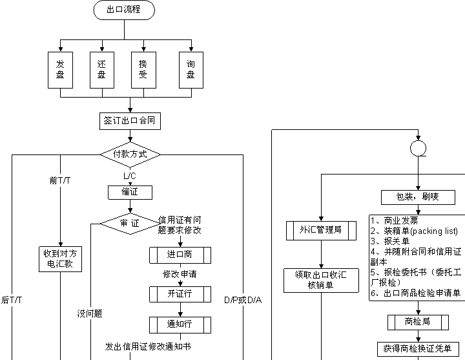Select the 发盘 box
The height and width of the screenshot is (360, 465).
pos(60,70)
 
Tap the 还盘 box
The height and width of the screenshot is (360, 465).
pos(101,70)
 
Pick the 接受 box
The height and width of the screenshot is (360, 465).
pos(143,70)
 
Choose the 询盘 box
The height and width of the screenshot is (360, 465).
pos(191,70)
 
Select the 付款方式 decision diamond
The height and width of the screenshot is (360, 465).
pos(130,154)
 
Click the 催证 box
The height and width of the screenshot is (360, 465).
pos(130,192)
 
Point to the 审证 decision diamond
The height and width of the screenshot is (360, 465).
pos(130,224)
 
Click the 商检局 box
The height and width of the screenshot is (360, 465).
pos(417,321)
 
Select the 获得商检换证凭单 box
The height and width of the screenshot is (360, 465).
pos(417,348)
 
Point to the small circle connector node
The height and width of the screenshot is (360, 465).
pos(418,149)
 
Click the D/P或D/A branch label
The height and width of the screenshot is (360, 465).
pos(243,301)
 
